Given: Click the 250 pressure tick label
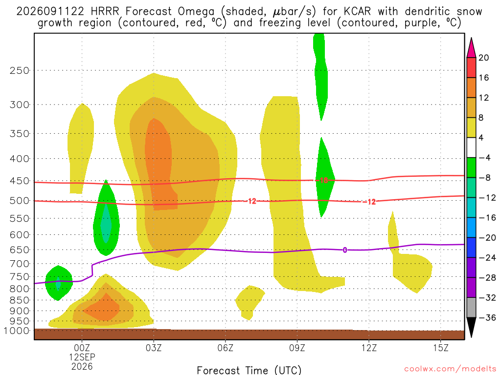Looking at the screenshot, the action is pos(20,70).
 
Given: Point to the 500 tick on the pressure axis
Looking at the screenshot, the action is pos(20,201).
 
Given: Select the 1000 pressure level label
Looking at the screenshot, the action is pos(16,331).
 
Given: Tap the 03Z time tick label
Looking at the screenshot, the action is pos(154,348).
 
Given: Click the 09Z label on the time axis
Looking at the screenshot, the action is pos(297,348).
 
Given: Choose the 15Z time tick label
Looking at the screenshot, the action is pos(441,348).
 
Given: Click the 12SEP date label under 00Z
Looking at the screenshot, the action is pos(82,357).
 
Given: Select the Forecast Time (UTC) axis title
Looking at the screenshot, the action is pos(249,370).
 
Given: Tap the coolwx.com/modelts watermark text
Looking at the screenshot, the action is pos(450,369).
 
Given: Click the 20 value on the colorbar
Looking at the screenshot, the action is pos(484,58).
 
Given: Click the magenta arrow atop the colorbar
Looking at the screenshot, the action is pos(471,47).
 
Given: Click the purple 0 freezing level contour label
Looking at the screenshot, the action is pos(345,250).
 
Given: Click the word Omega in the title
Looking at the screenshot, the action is pos(196,12).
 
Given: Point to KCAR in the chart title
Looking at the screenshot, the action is pos(357,11).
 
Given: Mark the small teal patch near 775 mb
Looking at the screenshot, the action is pos(58,283).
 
